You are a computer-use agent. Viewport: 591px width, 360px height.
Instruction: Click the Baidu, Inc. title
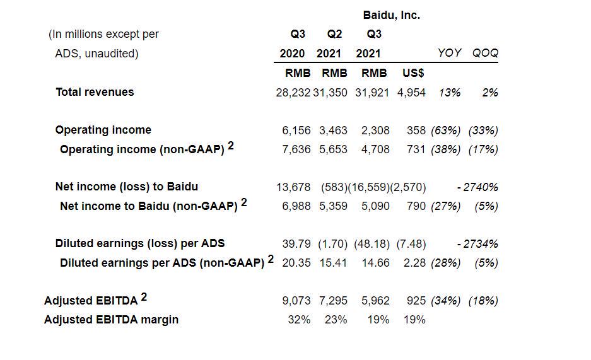tap(391, 15)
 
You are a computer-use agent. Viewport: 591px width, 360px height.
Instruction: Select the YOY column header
tap(449, 53)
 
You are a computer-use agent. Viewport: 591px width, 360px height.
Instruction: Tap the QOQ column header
tap(485, 53)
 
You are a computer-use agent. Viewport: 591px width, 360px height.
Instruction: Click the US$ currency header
tap(413, 73)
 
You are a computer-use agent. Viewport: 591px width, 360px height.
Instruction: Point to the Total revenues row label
tap(95, 92)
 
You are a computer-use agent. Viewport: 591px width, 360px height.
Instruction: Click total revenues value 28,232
tap(293, 93)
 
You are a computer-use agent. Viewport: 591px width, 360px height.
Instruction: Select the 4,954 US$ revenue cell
tap(411, 93)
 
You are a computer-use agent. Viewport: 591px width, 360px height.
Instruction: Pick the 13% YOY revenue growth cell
tap(450, 93)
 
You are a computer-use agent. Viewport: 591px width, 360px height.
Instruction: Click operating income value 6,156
tap(296, 131)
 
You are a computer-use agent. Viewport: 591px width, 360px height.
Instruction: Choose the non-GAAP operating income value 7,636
tap(296, 149)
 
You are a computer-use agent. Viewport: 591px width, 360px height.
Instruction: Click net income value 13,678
tap(293, 187)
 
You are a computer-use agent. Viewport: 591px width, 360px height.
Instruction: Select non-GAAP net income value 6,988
tap(296, 206)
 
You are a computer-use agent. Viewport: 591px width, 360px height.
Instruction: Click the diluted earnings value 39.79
tap(296, 244)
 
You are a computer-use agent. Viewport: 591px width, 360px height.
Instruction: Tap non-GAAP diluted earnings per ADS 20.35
tap(296, 263)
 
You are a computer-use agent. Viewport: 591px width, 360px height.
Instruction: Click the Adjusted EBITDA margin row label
tap(111, 320)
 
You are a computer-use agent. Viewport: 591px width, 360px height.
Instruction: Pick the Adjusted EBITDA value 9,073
tap(296, 301)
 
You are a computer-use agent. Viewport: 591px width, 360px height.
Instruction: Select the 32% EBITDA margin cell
tap(299, 320)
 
